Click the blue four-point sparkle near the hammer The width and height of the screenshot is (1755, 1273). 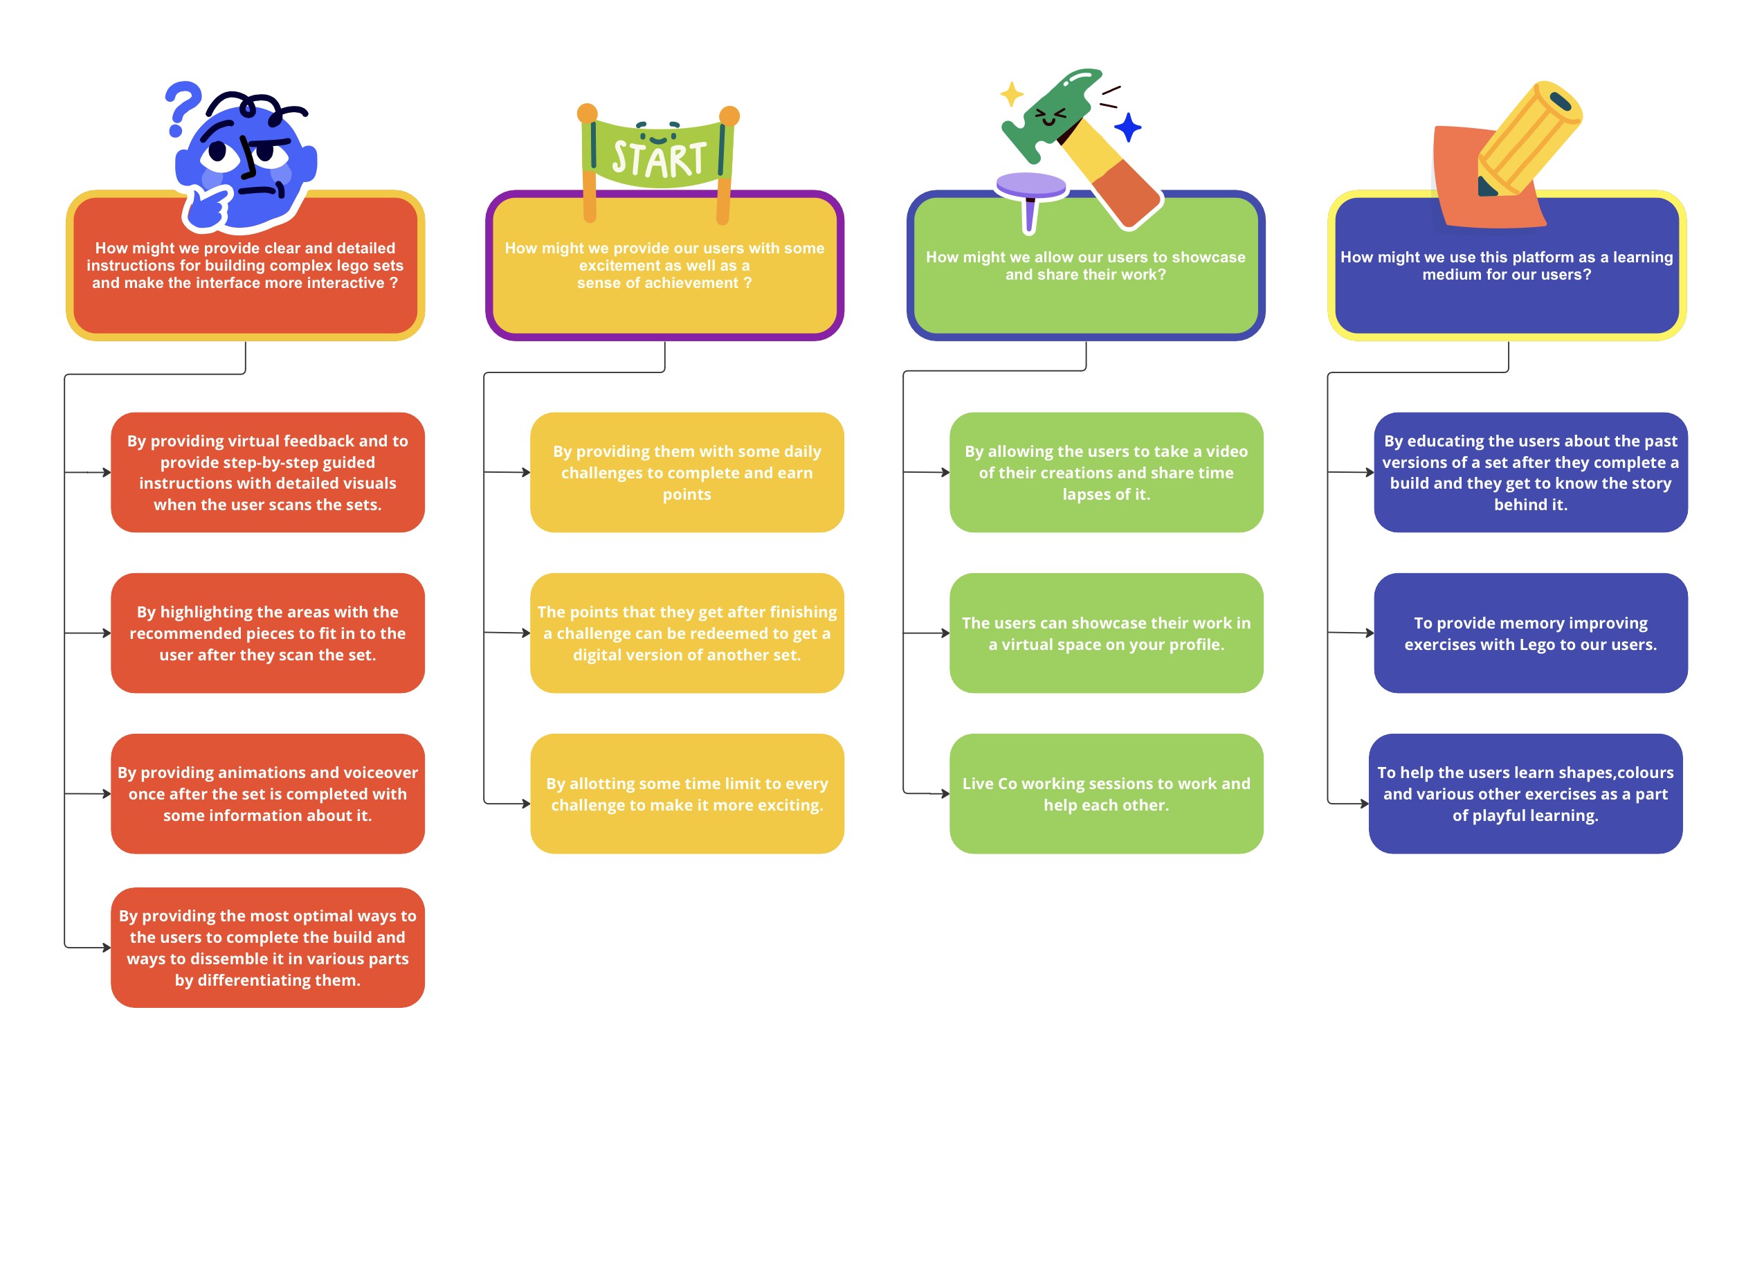pos(1127,127)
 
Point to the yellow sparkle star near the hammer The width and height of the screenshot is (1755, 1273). pos(1011,94)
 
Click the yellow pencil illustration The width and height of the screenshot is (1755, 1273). pos(1528,139)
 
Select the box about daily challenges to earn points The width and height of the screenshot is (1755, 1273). pos(686,472)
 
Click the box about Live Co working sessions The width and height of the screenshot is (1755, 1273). pos(1106,793)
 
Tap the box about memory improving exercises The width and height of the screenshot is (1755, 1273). pos(1530,633)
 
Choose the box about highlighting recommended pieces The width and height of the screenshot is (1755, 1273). pos(268,633)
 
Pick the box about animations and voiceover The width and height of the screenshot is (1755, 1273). pos(268,793)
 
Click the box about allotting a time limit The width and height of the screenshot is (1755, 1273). pos(686,793)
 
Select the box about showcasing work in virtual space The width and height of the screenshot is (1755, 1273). pos(1106,633)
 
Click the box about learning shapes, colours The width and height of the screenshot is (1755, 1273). pos(1525,793)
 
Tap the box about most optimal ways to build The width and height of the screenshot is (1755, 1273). pos(268,947)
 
